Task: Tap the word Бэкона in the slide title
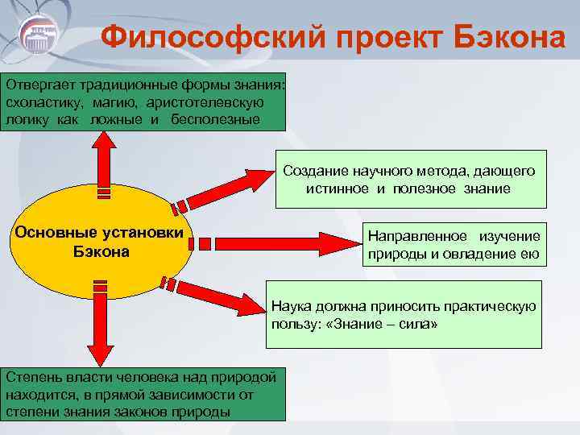(x=499, y=37)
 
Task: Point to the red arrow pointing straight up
(x=102, y=161)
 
